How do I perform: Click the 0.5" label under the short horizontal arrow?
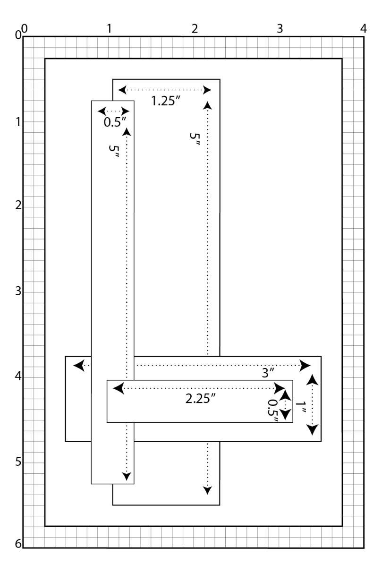[115, 121]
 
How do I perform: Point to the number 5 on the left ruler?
[18, 462]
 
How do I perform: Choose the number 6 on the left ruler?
[18, 544]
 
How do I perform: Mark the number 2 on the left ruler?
[18, 206]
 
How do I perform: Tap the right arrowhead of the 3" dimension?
[305, 365]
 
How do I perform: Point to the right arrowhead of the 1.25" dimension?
[206, 90]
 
